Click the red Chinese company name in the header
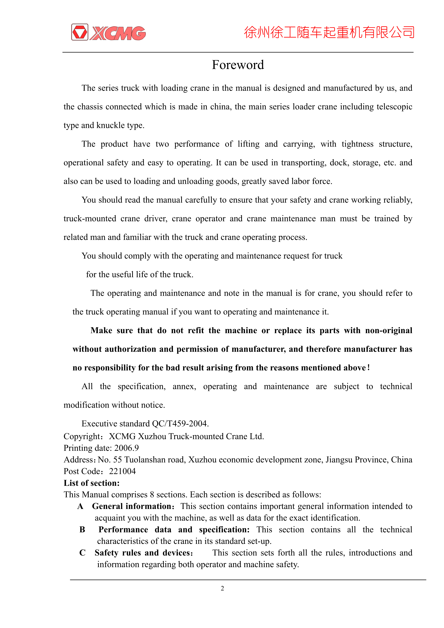(329, 32)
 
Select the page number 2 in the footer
(222, 588)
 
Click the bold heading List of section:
(92, 483)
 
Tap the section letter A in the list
(80, 506)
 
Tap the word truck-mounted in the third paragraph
(90, 219)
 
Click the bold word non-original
(388, 330)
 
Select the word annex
(184, 387)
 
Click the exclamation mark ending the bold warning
(368, 367)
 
